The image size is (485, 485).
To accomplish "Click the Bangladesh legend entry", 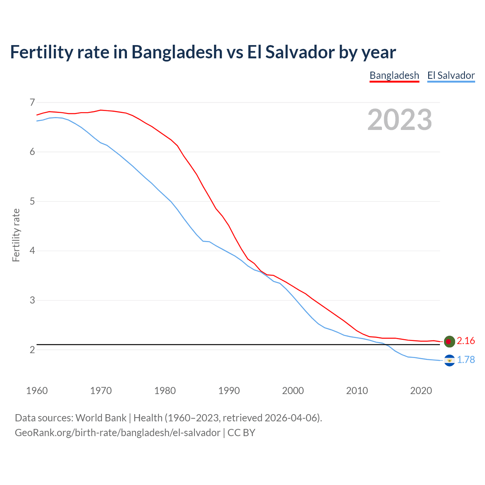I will (x=394, y=75).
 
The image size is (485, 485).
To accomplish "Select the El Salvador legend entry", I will (x=451, y=75).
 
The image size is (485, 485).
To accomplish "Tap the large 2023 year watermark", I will (x=400, y=120).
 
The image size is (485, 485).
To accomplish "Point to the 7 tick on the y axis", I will (x=32, y=102).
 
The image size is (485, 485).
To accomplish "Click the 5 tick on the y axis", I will (x=32, y=201).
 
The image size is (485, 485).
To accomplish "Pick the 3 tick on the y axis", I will (x=32, y=300).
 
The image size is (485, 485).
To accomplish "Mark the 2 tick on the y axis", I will (x=32, y=350).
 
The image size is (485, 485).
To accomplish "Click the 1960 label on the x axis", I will (x=37, y=391).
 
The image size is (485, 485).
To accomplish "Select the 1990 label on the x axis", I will (x=229, y=391).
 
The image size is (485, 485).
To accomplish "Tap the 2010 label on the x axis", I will (x=357, y=391).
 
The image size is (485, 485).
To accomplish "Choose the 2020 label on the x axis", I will (x=421, y=391).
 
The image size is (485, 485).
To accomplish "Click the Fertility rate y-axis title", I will (x=16, y=235).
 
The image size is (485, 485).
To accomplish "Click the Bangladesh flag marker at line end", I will (x=449, y=341).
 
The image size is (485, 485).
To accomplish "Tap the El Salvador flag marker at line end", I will (x=449, y=360).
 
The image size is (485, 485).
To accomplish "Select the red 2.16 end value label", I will (x=466, y=341).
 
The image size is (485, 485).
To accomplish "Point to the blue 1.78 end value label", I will (x=466, y=360).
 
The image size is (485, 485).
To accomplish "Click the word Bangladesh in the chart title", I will (x=177, y=52).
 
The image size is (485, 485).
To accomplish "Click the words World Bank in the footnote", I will (x=101, y=418).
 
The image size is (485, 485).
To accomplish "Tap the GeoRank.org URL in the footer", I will (x=117, y=433).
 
